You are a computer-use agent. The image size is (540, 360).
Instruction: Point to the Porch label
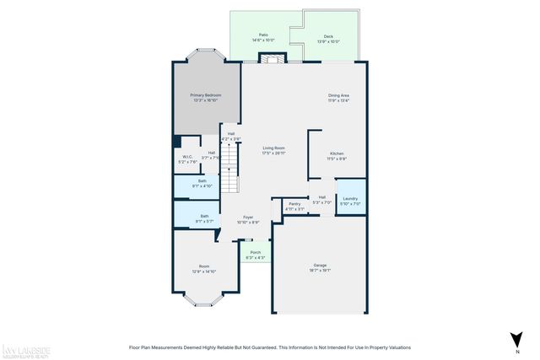(x=255, y=254)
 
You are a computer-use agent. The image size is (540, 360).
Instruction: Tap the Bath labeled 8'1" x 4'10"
(x=202, y=183)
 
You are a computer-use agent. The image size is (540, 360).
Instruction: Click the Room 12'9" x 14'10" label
(x=204, y=269)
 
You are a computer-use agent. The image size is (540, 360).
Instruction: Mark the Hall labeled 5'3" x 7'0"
(x=322, y=200)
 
